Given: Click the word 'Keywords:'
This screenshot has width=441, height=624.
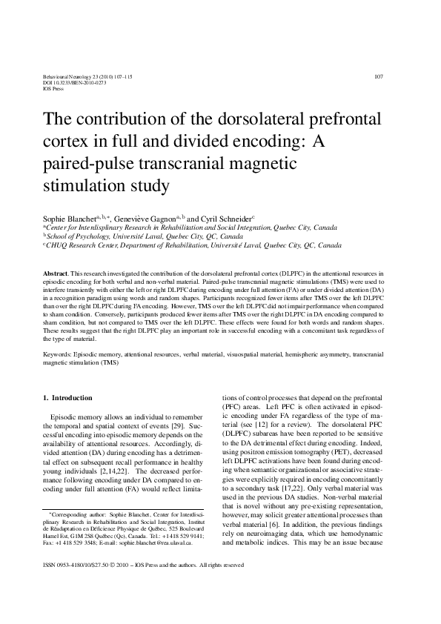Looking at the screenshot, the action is coord(59,356).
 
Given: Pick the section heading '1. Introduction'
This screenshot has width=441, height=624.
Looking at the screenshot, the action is coord(67,397).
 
